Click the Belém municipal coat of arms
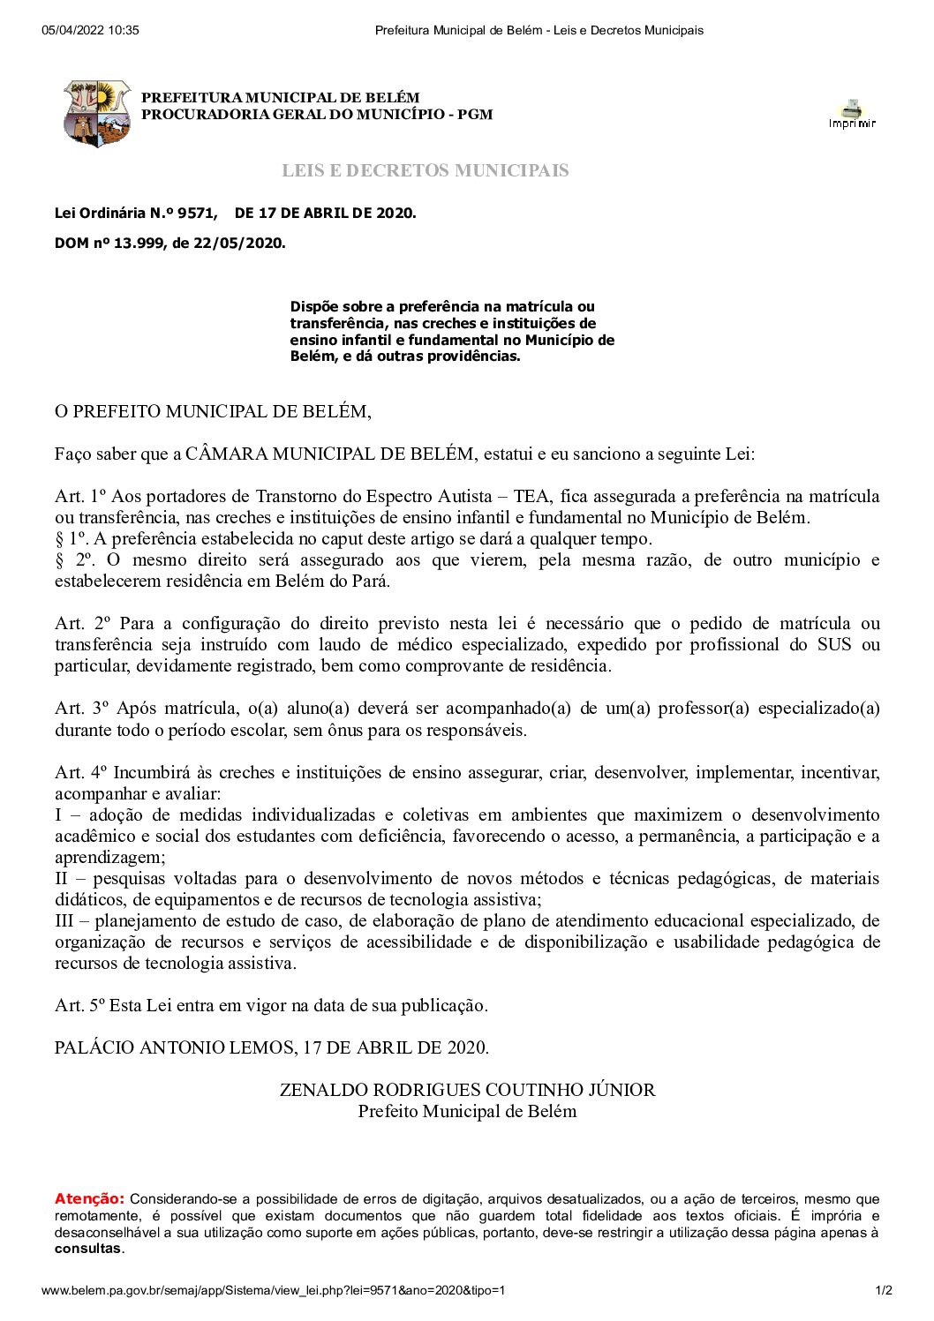(97, 113)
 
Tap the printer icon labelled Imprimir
(852, 114)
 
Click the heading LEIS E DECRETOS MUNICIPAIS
(425, 170)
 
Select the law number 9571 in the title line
(197, 213)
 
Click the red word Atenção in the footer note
(89, 1198)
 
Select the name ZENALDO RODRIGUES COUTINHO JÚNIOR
(467, 1090)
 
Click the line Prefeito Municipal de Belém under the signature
(467, 1111)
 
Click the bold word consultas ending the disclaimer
(88, 1249)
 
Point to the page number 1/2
(884, 1290)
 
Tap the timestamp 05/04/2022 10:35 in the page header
(90, 31)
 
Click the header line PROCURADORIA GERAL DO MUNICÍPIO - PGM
(317, 115)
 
